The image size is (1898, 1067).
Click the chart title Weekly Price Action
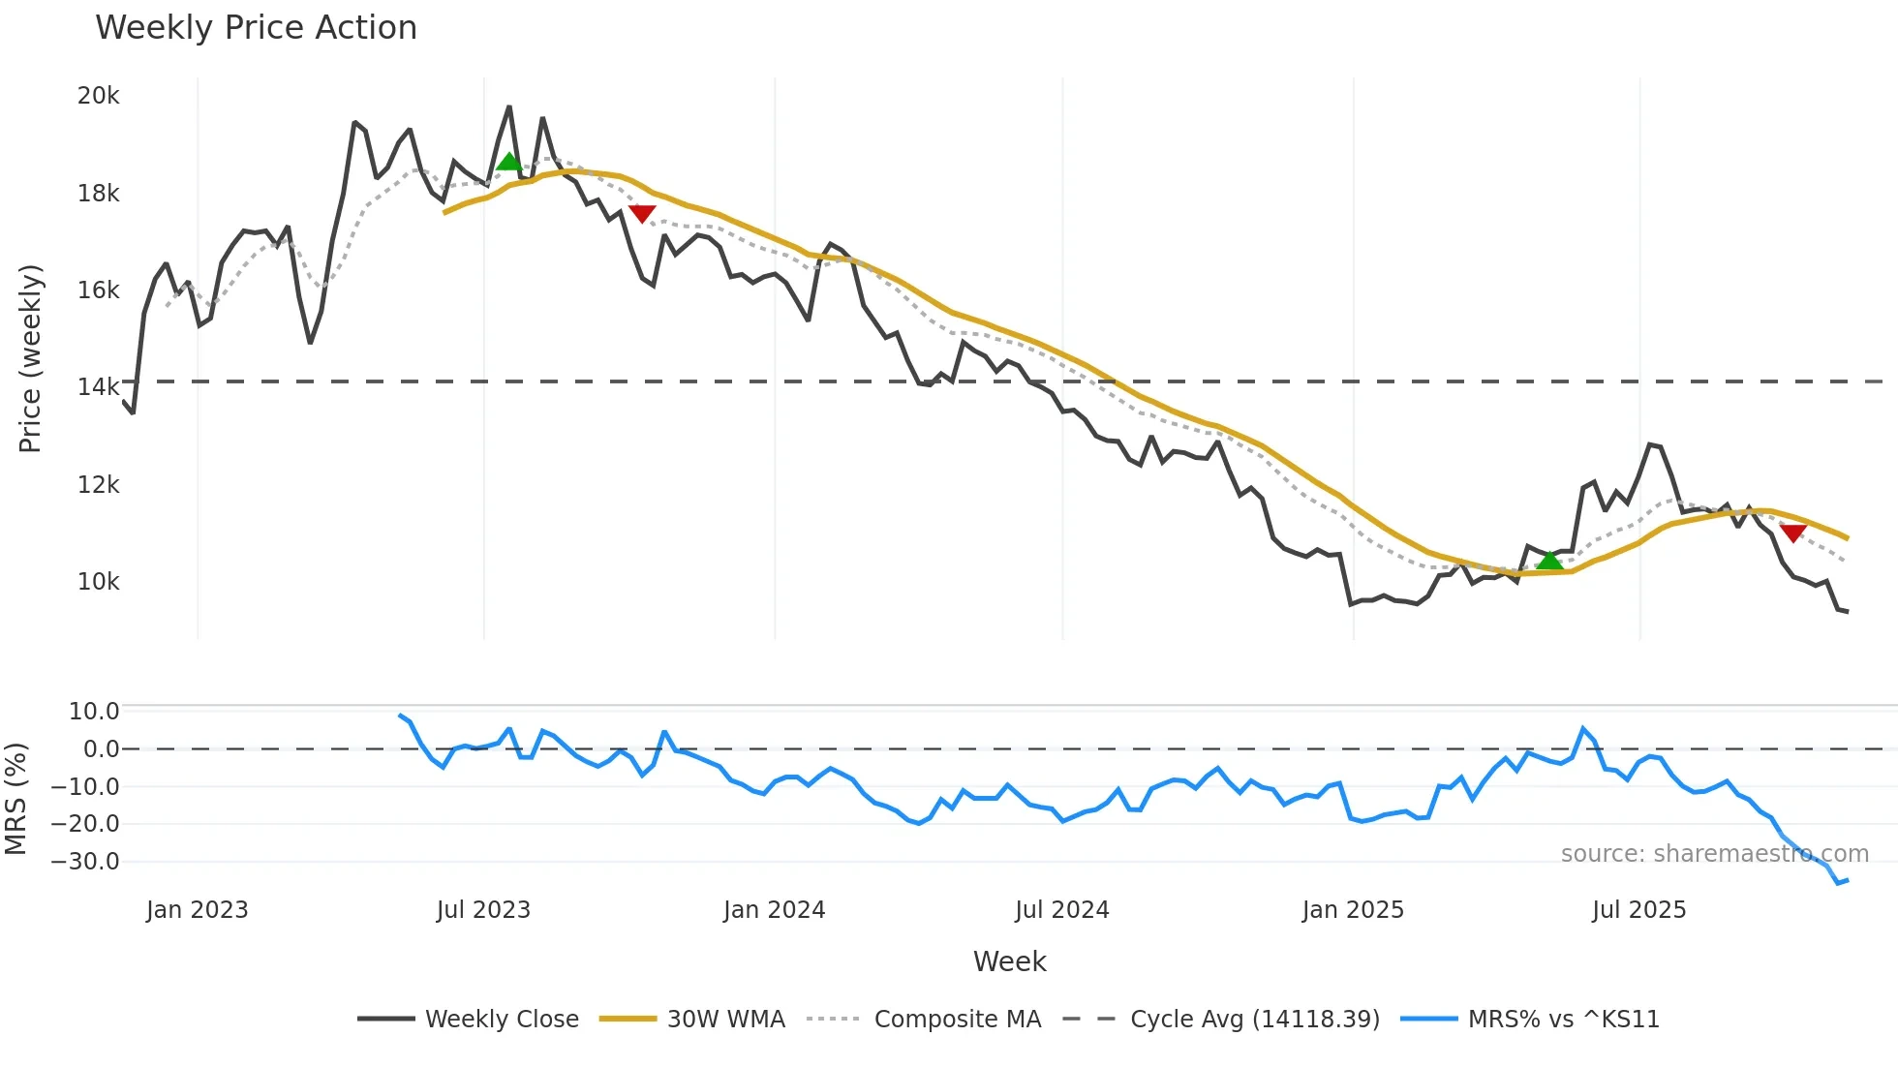(x=256, y=28)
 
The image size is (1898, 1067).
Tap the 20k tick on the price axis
(x=99, y=96)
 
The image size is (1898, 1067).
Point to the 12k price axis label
(x=99, y=484)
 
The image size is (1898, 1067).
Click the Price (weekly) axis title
(x=30, y=358)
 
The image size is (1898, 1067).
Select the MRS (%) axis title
(x=15, y=799)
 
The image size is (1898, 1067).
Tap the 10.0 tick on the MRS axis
(x=94, y=712)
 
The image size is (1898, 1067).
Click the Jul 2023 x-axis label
(x=483, y=910)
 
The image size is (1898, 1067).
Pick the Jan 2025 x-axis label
(x=1353, y=910)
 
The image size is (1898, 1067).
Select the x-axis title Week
(x=1009, y=961)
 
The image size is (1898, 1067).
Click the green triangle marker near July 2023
(x=508, y=162)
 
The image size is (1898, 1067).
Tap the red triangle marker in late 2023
(x=642, y=213)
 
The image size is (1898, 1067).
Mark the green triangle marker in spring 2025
(x=1549, y=561)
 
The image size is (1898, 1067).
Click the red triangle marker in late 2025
(x=1792, y=533)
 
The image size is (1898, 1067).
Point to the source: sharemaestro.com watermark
(x=1714, y=854)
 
